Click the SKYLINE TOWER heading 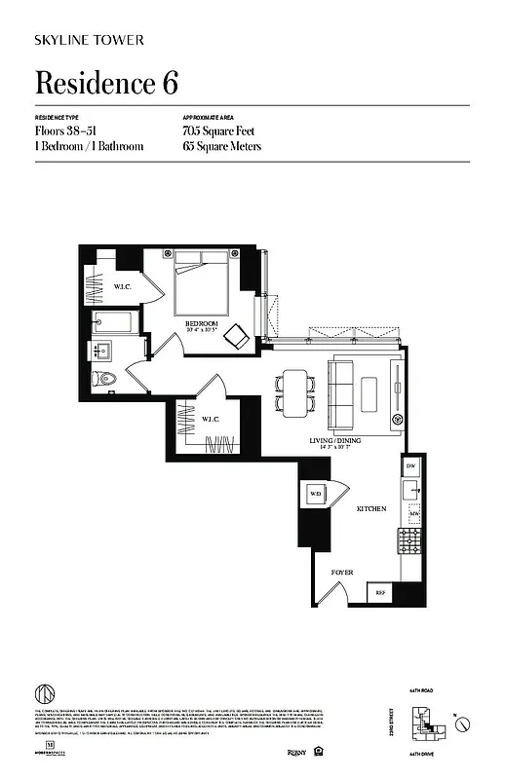click(90, 40)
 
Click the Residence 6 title click(106, 83)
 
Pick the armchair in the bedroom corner click(237, 337)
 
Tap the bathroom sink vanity click(103, 351)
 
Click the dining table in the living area click(296, 392)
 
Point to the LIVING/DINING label click(329, 443)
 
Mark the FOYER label click(341, 573)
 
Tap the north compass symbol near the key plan click(463, 723)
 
